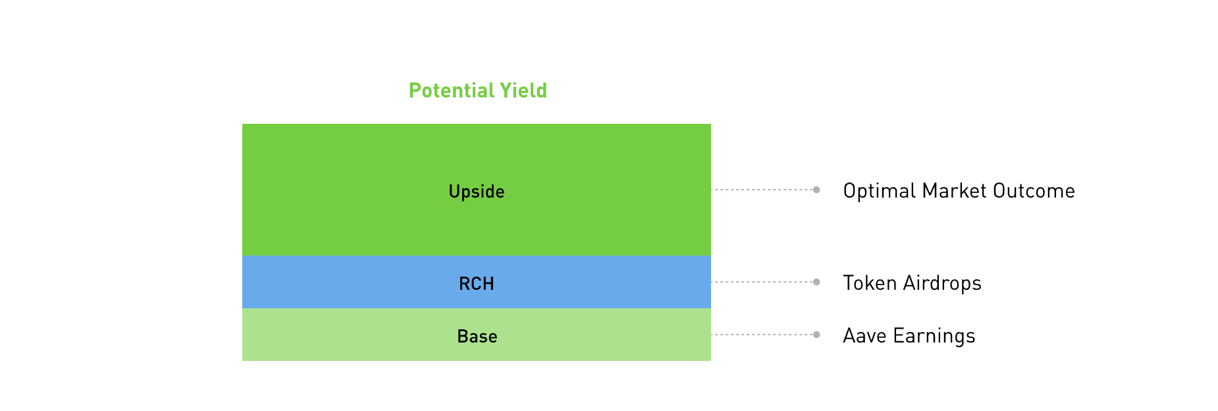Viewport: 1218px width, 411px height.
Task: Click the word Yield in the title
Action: click(523, 90)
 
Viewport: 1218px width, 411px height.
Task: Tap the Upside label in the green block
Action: click(477, 192)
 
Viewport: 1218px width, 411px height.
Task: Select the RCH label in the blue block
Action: click(477, 284)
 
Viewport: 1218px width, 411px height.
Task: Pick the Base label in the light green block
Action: click(477, 337)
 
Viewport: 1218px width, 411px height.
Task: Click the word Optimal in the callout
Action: click(880, 191)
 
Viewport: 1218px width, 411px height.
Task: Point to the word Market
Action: click(955, 190)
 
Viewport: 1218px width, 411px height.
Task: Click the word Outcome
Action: click(1034, 190)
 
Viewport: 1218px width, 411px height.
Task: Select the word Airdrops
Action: click(942, 283)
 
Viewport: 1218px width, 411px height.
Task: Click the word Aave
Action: click(865, 335)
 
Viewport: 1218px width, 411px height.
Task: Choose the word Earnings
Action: click(934, 336)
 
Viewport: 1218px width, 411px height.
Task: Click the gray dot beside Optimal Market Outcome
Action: click(816, 190)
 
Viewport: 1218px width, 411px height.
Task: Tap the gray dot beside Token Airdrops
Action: click(816, 282)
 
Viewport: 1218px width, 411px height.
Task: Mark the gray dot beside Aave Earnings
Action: click(816, 335)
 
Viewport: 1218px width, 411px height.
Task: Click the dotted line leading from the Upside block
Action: click(762, 190)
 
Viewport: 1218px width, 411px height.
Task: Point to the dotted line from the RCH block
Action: click(762, 282)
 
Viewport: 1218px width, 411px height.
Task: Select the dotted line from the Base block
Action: click(762, 335)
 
